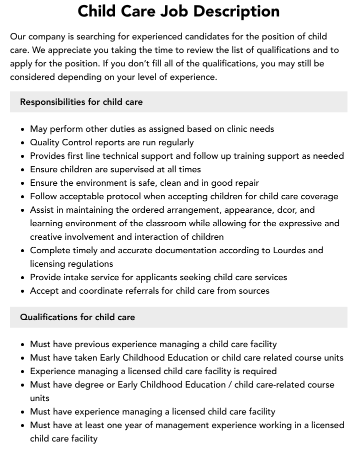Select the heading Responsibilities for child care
tap(81, 102)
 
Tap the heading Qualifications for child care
tap(77, 317)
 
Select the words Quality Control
tap(61, 142)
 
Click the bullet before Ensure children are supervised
tap(22, 170)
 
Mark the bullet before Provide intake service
tap(22, 278)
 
